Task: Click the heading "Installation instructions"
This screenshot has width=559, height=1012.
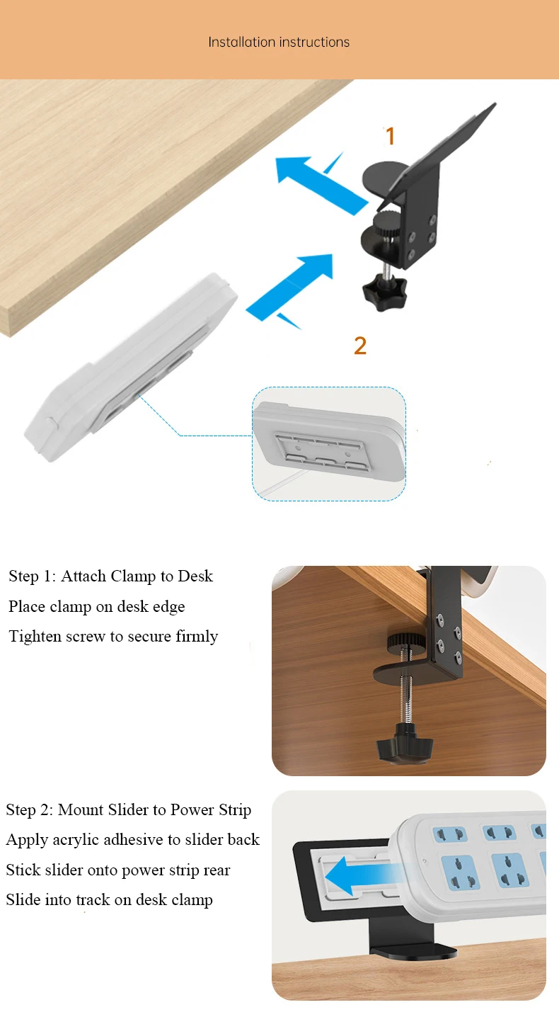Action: (x=279, y=42)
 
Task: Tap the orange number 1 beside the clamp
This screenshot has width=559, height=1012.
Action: (x=390, y=136)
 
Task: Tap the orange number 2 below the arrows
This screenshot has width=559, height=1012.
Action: (x=360, y=346)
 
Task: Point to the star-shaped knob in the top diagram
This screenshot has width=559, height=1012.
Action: (x=384, y=292)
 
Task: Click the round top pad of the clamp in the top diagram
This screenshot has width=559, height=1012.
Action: (x=384, y=181)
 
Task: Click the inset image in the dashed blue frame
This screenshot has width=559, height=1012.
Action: (x=329, y=443)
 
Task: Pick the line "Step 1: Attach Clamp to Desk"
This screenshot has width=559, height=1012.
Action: (x=110, y=576)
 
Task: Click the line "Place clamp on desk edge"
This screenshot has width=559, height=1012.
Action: (x=97, y=606)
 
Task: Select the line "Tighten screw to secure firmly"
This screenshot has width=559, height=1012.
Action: (x=113, y=636)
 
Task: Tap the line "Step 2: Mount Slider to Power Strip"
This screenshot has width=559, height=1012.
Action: (x=129, y=809)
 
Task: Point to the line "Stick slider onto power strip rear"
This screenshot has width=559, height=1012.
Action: (x=118, y=870)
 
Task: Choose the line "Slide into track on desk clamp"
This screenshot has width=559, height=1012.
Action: (x=109, y=899)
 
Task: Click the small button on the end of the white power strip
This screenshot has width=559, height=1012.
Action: (x=52, y=423)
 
